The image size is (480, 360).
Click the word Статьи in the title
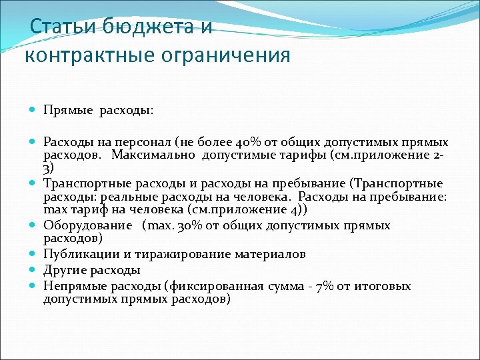63,27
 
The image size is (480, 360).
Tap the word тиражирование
179,254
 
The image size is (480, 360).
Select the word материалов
269,254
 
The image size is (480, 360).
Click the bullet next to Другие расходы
34,271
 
